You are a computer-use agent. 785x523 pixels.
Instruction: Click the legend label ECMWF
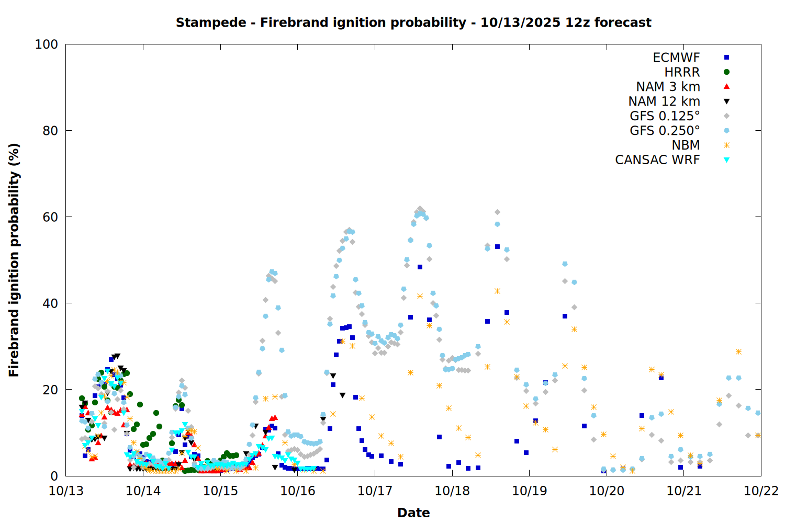676,58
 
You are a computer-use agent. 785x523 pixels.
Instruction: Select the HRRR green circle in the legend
726,72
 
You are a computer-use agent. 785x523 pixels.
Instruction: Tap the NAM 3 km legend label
668,87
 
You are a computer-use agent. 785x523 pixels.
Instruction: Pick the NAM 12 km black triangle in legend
726,101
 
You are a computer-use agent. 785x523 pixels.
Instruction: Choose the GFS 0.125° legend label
665,116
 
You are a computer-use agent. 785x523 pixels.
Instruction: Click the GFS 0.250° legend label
665,131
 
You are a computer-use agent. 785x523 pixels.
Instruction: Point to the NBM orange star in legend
726,145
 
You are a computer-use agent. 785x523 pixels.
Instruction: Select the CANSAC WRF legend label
657,160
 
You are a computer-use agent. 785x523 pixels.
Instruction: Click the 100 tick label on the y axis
47,44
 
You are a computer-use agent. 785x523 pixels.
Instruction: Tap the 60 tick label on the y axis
50,217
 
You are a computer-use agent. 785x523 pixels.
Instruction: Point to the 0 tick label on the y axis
54,476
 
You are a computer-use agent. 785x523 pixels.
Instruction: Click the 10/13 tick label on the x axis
66,491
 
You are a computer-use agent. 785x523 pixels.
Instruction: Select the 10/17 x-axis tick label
375,491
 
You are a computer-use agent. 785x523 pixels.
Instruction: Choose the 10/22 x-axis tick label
761,491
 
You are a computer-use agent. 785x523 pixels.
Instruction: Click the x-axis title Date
413,513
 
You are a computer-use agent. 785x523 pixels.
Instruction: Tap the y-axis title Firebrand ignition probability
14,260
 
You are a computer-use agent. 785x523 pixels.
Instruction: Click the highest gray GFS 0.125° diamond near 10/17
420,209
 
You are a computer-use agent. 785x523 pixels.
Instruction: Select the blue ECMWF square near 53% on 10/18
497,246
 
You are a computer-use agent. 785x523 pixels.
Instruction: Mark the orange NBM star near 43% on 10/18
497,291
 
